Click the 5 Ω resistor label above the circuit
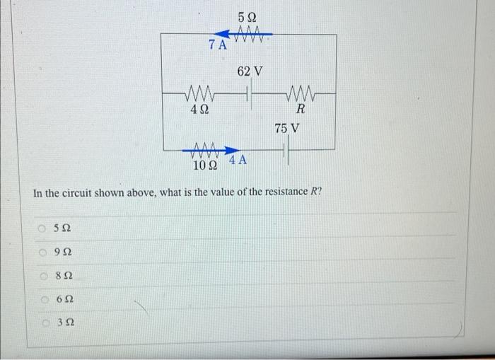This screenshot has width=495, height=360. click(248, 16)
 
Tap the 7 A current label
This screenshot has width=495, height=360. click(217, 46)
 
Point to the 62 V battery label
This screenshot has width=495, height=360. click(250, 71)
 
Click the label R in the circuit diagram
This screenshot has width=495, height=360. click(301, 110)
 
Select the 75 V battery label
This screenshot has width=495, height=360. click(286, 129)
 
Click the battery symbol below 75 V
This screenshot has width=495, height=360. click(286, 150)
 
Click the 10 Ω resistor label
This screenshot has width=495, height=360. click(205, 166)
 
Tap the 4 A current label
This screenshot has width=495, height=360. click(238, 160)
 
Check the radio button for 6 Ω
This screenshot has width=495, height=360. click(44, 298)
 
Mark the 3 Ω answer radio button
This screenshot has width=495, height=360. click(44, 323)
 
